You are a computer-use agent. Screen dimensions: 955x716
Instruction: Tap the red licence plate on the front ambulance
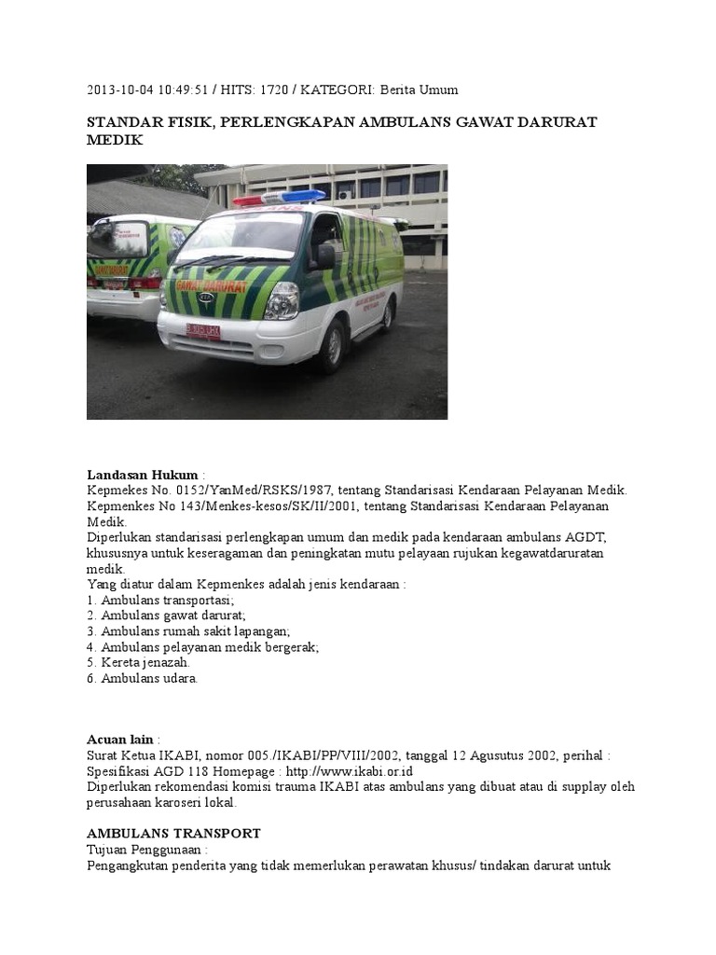coord(202,331)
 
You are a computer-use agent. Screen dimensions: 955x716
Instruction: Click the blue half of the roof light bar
coord(304,197)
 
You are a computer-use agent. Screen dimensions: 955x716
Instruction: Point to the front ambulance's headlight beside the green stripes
coord(282,300)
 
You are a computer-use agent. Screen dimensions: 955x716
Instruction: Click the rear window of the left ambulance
coord(118,240)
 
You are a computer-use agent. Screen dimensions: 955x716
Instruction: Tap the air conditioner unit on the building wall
coord(345,195)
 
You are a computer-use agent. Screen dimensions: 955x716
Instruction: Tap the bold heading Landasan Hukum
coord(142,475)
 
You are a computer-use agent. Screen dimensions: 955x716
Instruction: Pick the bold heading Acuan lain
coord(120,739)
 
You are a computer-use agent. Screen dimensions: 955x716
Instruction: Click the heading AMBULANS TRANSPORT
coord(173,833)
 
